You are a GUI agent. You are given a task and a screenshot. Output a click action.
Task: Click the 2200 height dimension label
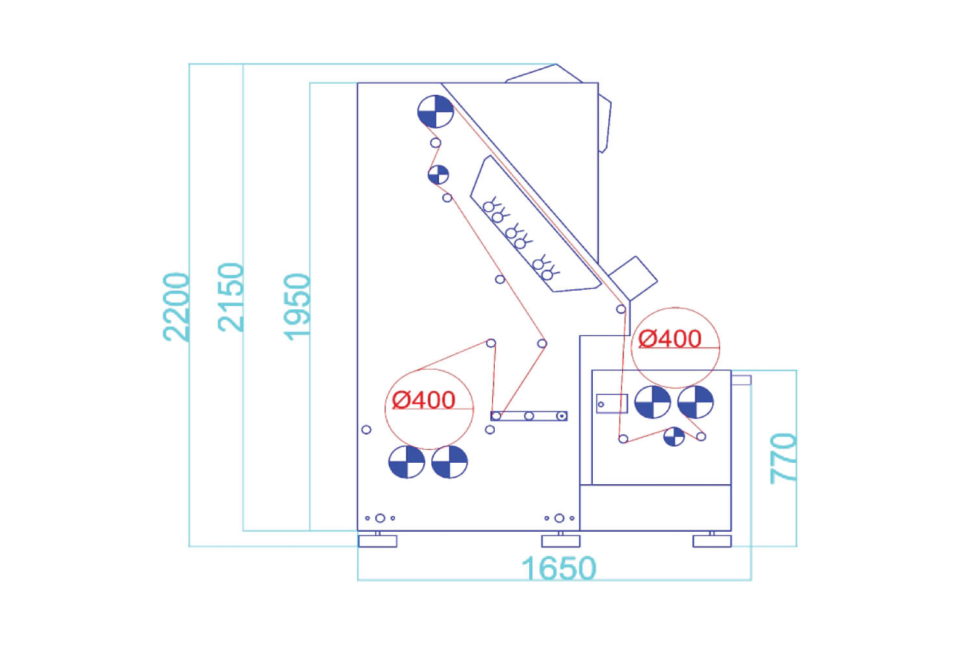tap(176, 307)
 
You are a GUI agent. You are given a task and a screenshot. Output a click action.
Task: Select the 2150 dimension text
tap(230, 297)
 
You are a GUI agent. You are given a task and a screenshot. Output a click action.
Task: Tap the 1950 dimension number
tap(297, 307)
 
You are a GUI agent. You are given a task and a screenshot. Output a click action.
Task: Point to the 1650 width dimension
tap(558, 568)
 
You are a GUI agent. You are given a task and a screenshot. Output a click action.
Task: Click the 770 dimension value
tap(783, 459)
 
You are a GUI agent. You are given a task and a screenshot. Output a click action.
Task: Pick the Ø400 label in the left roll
tap(423, 400)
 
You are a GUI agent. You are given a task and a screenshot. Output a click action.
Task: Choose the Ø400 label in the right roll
tap(669, 339)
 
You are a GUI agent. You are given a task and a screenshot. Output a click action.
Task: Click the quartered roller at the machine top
tap(435, 111)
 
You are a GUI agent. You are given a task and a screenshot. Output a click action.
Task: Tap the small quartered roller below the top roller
tap(438, 175)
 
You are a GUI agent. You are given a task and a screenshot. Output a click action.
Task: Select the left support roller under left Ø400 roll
tap(406, 462)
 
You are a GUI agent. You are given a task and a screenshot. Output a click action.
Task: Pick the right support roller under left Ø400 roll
tap(449, 462)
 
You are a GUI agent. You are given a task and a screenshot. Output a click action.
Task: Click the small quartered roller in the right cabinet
tap(674, 437)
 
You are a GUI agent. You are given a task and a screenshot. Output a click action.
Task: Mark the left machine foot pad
tap(378, 541)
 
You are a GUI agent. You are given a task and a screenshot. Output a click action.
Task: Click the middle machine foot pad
tap(560, 541)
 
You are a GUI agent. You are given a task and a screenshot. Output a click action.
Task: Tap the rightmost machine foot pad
tap(712, 541)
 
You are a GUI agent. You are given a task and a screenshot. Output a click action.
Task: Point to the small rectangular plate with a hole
tap(612, 404)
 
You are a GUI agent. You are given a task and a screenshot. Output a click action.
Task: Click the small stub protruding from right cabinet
tap(742, 380)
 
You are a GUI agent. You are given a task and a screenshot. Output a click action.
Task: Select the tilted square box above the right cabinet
tap(633, 278)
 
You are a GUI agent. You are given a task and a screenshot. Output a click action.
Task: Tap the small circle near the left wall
tap(366, 430)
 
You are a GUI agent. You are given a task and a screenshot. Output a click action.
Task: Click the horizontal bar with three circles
tap(529, 416)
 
